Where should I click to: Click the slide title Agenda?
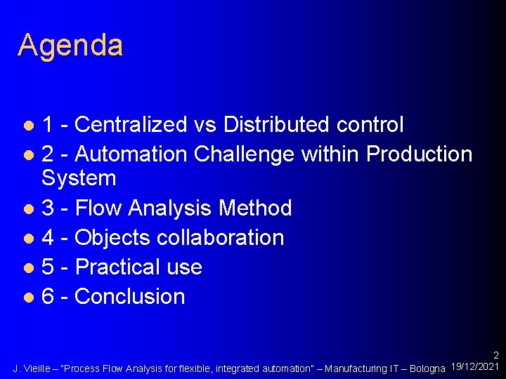coord(70,45)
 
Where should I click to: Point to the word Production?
coord(420,154)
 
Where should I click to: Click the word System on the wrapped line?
coord(79,178)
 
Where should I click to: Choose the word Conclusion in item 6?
coord(129,297)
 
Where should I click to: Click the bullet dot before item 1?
coord(28,126)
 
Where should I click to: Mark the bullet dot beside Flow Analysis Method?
coord(28,209)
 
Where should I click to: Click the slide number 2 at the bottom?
coord(495,356)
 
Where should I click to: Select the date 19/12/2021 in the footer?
coord(474,367)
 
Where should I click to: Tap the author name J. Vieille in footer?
coord(32,368)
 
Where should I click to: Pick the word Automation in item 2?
coord(131,154)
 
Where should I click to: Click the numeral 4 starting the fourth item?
coord(48,237)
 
